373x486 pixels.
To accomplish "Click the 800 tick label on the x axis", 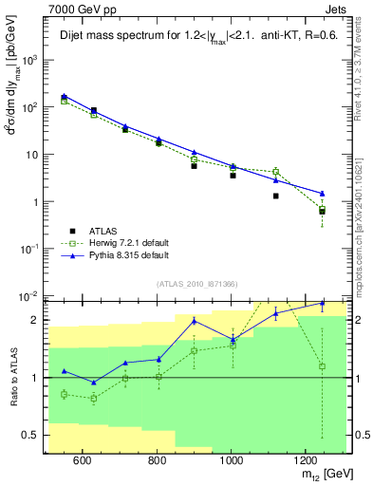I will coord(157,460).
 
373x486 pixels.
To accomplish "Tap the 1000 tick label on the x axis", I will coord(231,460).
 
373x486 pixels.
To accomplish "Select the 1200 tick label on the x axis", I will coord(305,460).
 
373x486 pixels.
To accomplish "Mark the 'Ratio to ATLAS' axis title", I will coord(12,377).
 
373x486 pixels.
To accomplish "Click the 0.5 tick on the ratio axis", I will coord(32,436).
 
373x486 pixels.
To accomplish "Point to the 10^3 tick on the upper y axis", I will coord(30,60).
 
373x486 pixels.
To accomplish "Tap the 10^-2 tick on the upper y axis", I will coord(30,296).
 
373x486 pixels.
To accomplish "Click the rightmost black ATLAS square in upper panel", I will coord(322,211).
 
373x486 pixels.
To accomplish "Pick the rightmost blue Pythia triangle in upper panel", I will coord(322,193).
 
